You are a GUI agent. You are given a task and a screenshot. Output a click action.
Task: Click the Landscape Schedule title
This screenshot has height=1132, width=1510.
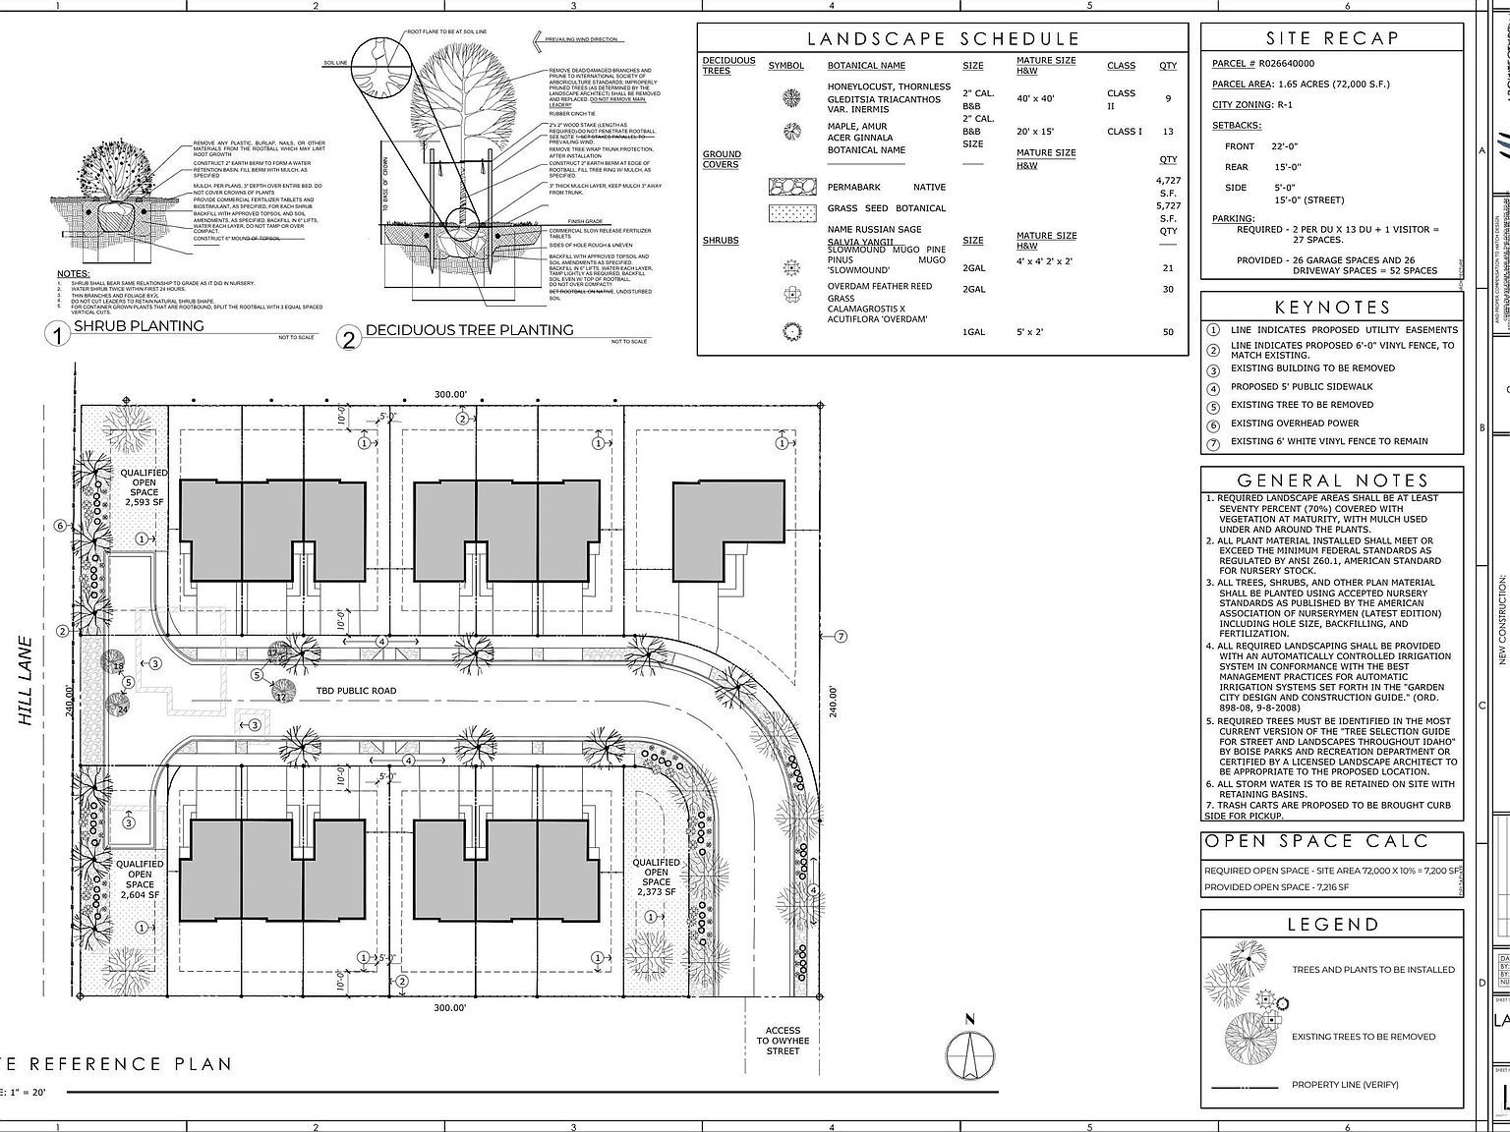[x=943, y=39]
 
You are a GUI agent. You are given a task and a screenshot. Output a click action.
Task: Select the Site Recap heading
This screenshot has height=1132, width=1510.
[x=1331, y=38]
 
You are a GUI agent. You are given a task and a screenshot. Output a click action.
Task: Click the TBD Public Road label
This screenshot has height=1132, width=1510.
[x=356, y=691]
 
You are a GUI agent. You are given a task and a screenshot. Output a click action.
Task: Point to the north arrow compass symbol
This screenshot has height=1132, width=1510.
[x=969, y=1054]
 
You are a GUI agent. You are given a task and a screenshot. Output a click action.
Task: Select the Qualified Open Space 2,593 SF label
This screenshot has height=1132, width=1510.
[x=144, y=487]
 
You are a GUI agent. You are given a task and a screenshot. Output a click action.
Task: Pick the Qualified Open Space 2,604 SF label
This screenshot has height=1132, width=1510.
[x=140, y=879]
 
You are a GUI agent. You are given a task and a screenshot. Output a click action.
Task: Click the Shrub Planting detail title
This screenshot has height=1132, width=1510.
[x=139, y=326]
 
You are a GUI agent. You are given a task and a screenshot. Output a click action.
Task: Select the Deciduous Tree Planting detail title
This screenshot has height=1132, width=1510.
[x=469, y=330]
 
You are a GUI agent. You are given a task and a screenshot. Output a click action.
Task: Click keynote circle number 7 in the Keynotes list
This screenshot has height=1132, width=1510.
[x=1213, y=442]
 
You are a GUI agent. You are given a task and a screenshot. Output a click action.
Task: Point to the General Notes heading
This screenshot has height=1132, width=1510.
[x=1331, y=481]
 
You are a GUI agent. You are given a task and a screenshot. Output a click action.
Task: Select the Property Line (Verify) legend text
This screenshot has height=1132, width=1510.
[x=1344, y=1085]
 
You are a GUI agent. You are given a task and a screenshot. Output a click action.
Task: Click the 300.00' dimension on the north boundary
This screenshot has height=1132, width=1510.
[x=451, y=394]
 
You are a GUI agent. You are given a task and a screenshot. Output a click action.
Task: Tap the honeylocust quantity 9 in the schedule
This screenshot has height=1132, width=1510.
[x=1167, y=98]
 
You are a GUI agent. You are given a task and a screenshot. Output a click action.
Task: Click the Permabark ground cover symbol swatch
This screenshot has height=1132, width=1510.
[x=792, y=187]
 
